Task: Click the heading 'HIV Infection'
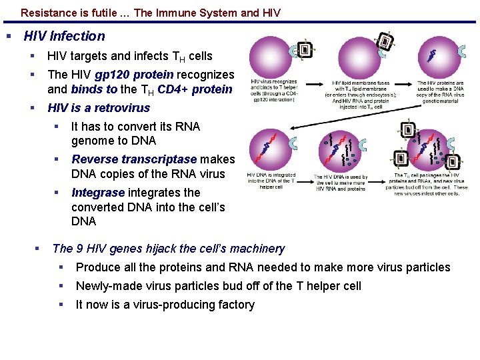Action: click(x=64, y=36)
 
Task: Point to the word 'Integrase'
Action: click(x=98, y=193)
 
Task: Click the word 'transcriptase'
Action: click(x=159, y=159)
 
